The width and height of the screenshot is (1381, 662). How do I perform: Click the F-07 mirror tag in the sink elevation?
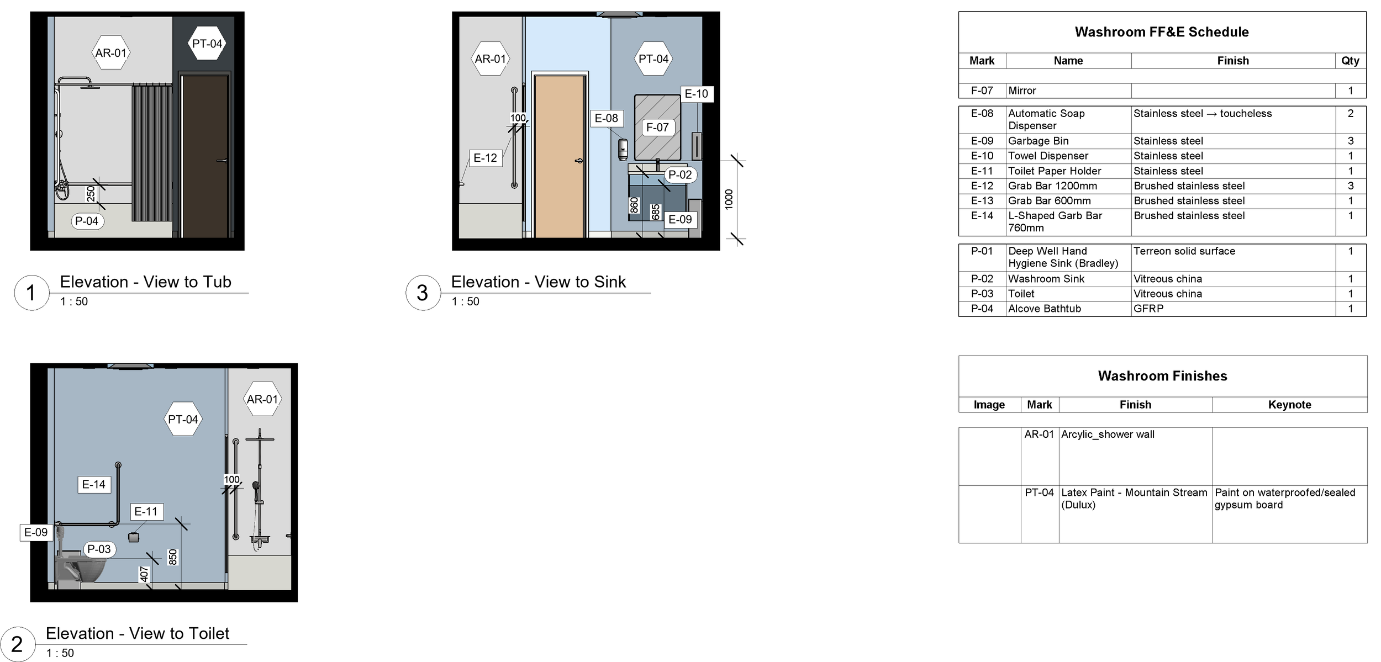pos(657,128)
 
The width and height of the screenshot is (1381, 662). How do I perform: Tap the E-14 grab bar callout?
pos(93,485)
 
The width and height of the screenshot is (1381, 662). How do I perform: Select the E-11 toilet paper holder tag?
pos(146,512)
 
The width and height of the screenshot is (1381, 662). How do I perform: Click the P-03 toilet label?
pos(99,549)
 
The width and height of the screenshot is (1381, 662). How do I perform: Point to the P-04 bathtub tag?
pos(87,221)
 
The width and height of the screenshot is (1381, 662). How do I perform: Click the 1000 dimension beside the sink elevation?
pos(729,199)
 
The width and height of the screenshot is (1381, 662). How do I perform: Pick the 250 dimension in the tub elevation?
pos(91,194)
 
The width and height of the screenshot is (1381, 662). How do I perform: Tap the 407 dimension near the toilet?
pos(144,574)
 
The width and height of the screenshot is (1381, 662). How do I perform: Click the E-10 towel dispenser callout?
pos(696,94)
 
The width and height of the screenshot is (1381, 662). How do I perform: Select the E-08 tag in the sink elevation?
pos(606,118)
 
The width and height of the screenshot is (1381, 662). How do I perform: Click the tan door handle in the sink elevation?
pos(578,161)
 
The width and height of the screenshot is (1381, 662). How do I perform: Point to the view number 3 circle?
pos(423,293)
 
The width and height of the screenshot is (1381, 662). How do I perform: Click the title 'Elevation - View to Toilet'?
pos(138,633)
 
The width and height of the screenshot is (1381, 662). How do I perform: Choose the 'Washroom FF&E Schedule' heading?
pos(1162,32)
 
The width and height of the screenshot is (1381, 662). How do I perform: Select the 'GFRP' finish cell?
pos(1148,309)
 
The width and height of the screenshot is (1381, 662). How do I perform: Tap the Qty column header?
pos(1350,61)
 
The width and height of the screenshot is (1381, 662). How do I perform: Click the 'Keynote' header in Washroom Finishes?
pos(1289,405)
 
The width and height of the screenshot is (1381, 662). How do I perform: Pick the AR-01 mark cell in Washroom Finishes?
pos(1039,435)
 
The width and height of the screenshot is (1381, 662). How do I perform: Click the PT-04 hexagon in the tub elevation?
pos(207,44)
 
